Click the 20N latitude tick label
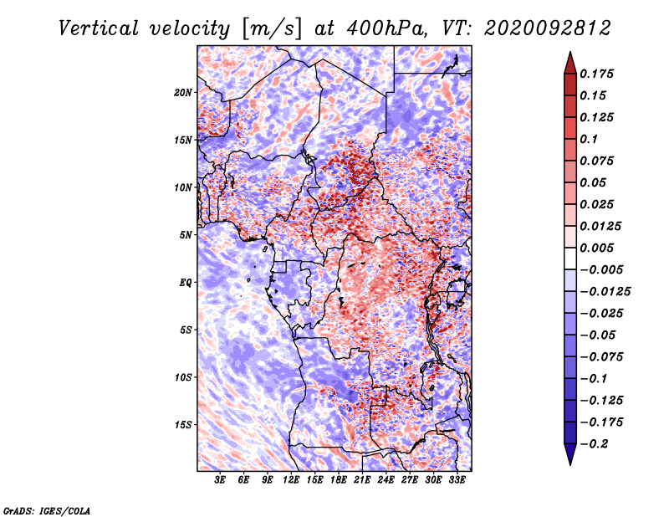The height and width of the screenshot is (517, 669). [x=182, y=93]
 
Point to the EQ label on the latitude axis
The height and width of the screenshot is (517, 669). [x=185, y=283]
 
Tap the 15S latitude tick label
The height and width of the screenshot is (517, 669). [x=182, y=425]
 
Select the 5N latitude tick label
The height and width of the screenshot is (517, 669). [x=185, y=235]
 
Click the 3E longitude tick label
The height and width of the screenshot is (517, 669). [x=220, y=480]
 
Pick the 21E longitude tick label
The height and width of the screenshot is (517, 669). [x=362, y=480]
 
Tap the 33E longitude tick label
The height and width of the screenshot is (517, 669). [x=457, y=480]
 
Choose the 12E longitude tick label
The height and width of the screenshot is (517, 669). [x=290, y=480]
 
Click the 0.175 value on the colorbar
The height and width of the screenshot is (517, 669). [x=596, y=74]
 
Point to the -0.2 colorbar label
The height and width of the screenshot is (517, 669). [x=594, y=444]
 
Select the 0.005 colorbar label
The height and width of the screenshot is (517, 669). [x=596, y=248]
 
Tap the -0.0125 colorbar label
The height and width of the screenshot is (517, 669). [x=605, y=292]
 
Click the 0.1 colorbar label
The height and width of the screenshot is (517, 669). [x=589, y=139]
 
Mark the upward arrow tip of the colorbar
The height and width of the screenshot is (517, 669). [x=570, y=52]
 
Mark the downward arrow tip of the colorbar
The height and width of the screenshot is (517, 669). [x=570, y=464]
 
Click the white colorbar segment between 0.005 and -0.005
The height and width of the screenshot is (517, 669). [x=570, y=258]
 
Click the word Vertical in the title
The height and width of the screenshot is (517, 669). [x=99, y=28]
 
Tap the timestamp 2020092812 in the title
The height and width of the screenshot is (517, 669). [x=548, y=28]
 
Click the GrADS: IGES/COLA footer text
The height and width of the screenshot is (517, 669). [x=47, y=510]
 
